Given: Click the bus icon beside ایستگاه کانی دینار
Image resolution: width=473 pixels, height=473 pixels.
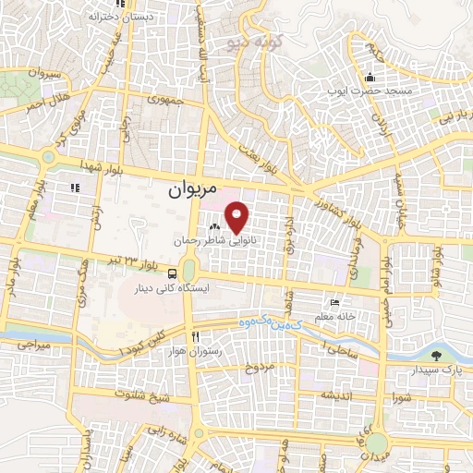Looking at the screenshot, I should [x=173, y=273].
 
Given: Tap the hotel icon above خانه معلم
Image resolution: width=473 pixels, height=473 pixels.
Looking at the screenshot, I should [x=335, y=303].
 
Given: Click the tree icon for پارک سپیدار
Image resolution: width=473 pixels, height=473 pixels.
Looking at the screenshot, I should [x=436, y=356].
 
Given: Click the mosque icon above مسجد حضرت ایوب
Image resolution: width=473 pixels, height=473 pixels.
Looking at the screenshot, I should [x=370, y=77].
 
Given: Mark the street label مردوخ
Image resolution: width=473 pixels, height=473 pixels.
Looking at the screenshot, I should [x=260, y=369].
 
